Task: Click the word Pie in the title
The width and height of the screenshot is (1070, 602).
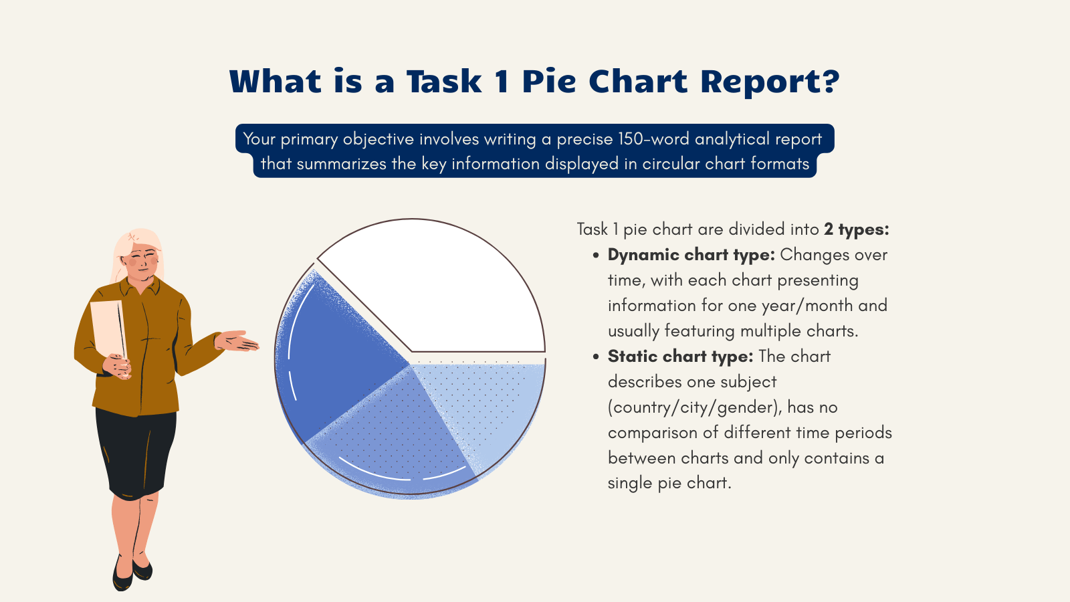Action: pos(548,82)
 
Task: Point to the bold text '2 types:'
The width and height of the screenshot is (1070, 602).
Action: pos(857,229)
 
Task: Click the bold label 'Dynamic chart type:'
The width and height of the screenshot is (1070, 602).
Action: pos(691,255)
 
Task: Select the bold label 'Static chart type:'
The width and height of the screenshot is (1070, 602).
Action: pos(680,357)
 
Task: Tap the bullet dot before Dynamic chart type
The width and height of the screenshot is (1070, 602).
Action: pos(595,256)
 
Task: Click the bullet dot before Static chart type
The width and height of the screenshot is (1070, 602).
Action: pos(595,357)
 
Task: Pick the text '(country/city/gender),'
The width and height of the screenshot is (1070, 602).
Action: pos(695,407)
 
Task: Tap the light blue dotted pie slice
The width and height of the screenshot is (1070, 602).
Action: pos(488,408)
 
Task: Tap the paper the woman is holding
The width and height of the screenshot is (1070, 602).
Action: pos(107,328)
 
